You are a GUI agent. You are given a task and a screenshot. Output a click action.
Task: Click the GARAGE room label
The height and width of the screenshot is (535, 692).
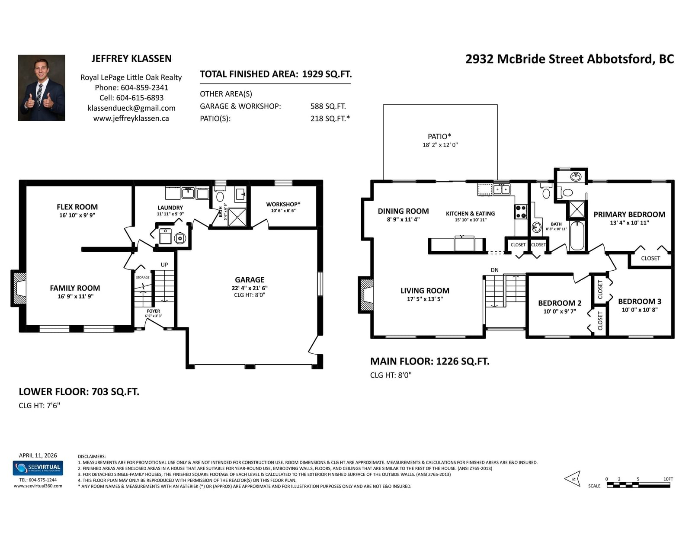250,279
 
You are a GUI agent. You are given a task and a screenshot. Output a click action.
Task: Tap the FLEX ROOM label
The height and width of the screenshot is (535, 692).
77,207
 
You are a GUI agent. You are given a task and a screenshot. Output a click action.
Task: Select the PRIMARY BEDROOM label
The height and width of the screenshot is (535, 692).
629,215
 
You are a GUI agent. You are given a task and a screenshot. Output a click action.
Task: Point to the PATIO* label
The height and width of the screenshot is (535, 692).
439,136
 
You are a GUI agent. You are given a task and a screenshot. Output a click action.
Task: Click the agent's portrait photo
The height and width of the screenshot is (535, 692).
42,87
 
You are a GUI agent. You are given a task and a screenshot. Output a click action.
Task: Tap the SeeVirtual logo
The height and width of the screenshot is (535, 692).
38,468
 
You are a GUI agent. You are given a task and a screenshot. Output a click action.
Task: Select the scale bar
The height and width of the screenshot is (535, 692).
638,485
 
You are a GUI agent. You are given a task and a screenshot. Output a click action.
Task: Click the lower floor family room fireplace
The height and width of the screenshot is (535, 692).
19,288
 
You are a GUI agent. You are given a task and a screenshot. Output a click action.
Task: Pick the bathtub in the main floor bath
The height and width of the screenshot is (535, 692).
577,236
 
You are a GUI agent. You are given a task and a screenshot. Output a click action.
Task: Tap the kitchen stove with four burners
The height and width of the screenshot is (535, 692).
521,211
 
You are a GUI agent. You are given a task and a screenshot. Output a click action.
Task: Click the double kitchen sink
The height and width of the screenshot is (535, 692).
501,189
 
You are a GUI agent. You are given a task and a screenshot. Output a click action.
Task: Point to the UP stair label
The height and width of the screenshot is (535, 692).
164,265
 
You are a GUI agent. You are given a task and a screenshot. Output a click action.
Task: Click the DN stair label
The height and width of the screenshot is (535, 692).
494,270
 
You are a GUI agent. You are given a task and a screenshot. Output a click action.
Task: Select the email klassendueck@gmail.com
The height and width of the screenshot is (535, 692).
131,108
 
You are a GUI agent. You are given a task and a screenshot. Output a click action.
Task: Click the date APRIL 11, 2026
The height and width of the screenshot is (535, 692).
38,455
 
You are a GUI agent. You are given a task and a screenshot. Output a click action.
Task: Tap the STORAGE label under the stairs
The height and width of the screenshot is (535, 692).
143,277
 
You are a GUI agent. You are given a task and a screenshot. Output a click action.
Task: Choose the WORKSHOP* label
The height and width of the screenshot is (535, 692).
283,204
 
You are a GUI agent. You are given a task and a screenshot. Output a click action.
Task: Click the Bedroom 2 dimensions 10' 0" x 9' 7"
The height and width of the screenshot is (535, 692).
560,311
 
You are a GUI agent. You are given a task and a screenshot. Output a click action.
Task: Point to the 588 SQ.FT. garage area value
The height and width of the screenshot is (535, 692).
328,106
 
